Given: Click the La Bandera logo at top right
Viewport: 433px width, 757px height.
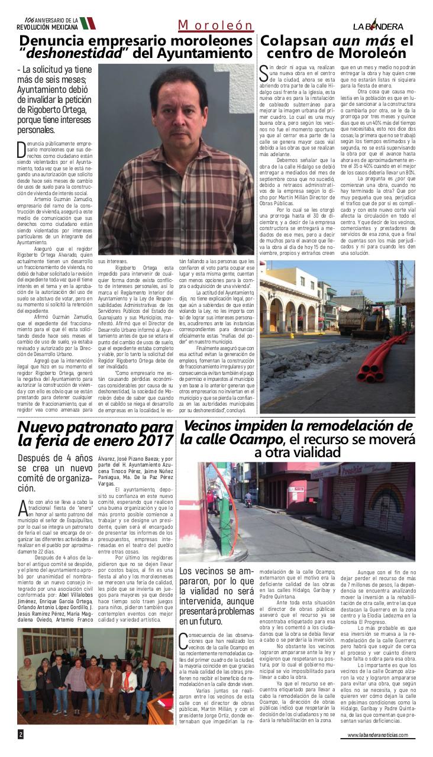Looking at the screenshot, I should point(378,26).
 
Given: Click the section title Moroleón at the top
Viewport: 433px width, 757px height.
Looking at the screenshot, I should point(216,25).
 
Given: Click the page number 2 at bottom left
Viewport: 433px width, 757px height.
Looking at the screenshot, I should point(21,734).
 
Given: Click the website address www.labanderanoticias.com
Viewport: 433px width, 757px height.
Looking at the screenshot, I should point(377,735).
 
